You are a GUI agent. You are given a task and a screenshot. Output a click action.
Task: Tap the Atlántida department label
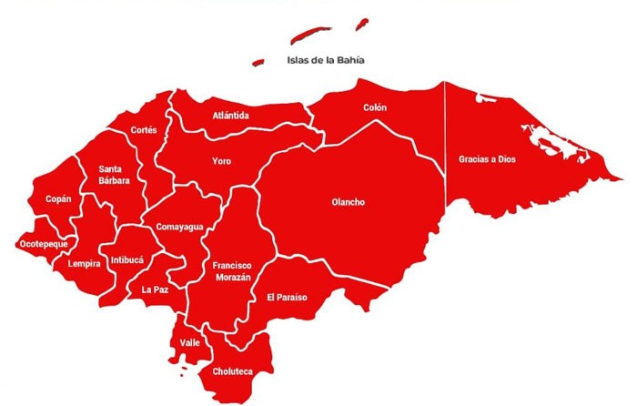click(231, 116)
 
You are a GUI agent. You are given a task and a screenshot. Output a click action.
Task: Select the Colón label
click(375, 107)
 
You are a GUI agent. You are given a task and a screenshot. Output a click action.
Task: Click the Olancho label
click(348, 202)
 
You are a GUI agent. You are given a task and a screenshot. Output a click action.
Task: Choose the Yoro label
click(221, 161)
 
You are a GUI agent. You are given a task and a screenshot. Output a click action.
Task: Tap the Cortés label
click(144, 130)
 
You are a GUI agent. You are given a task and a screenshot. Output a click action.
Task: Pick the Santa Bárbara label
click(115, 174)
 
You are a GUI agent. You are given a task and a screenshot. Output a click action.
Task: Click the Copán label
click(58, 198)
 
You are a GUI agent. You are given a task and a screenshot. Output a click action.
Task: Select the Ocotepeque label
click(44, 244)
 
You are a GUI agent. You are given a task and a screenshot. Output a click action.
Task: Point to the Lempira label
click(84, 264)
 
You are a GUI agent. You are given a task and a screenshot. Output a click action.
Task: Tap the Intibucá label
click(126, 260)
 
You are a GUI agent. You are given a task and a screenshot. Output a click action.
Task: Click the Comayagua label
click(179, 226)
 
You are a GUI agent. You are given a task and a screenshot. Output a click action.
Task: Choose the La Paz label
click(154, 289)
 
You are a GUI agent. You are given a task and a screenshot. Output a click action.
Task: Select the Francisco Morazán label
click(232, 270)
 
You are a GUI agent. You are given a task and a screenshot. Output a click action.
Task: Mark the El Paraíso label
click(287, 298)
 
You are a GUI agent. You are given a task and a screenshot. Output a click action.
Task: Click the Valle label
click(190, 342)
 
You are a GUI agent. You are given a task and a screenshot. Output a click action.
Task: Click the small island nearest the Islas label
click(258, 63)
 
